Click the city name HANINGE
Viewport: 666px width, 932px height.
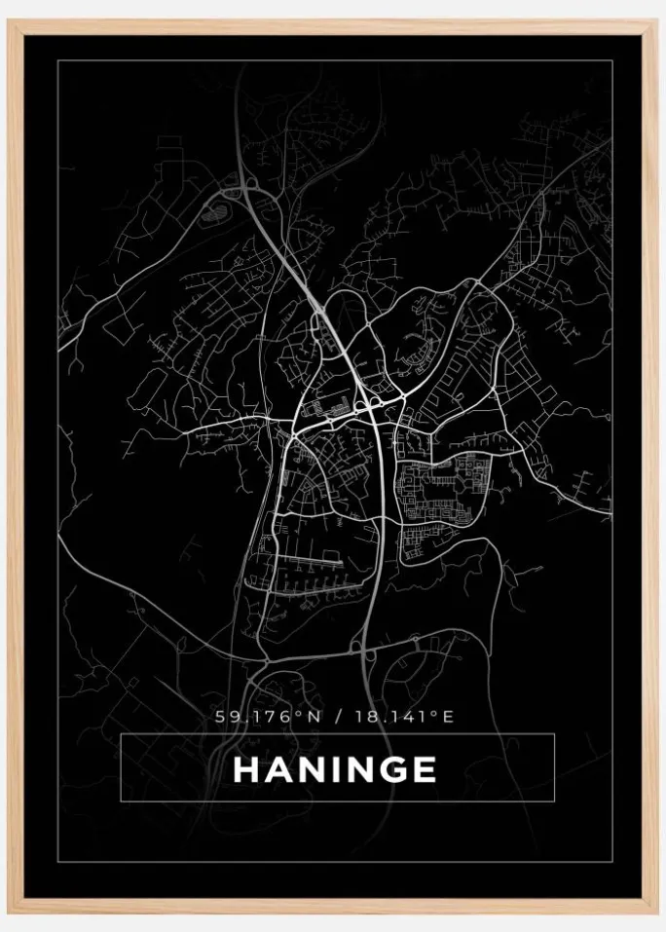tap(334, 769)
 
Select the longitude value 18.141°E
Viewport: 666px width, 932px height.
tap(403, 717)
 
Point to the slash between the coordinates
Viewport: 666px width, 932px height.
tap(336, 717)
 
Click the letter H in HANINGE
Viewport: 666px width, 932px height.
tap(246, 769)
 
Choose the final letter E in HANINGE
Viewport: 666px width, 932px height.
tap(425, 769)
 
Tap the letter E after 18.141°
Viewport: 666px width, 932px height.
tap(449, 717)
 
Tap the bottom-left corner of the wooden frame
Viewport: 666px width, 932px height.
tap(10, 912)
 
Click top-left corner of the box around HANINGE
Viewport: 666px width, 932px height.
tap(121, 734)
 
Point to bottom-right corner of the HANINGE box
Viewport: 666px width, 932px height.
tap(554, 802)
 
